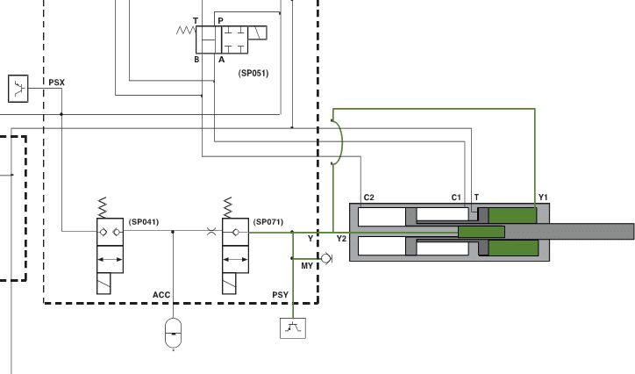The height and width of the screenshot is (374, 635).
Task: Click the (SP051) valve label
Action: coord(253,74)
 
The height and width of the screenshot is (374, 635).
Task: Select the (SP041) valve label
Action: coord(144,222)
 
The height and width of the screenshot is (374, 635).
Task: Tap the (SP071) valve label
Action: coord(268,222)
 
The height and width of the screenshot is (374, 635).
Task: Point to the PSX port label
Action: coord(57,83)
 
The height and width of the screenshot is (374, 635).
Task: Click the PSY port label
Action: coord(281,295)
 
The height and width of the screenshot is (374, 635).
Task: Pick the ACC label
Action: coord(161,295)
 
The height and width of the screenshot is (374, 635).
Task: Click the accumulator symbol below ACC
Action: coord(174,333)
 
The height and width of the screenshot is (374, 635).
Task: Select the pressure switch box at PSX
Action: coord(18,89)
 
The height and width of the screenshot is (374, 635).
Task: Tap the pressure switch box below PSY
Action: coord(293,328)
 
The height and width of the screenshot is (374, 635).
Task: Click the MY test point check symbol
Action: coord(326,258)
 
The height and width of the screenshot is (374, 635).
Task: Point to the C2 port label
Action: coord(369,198)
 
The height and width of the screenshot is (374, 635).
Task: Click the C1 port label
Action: coord(456,198)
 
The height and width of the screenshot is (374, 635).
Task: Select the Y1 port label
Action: coord(543,198)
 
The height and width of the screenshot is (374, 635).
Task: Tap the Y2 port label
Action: coord(341,239)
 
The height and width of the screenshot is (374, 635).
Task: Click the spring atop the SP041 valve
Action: coord(103,208)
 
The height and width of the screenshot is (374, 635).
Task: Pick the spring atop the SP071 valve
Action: coord(227,208)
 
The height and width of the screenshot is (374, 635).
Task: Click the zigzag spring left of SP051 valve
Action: coord(186,30)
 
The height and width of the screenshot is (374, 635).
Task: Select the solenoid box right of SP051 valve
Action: coord(257,32)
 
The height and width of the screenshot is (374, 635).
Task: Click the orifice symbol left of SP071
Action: coord(211,232)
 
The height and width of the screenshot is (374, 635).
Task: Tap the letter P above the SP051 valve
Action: coord(220,20)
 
